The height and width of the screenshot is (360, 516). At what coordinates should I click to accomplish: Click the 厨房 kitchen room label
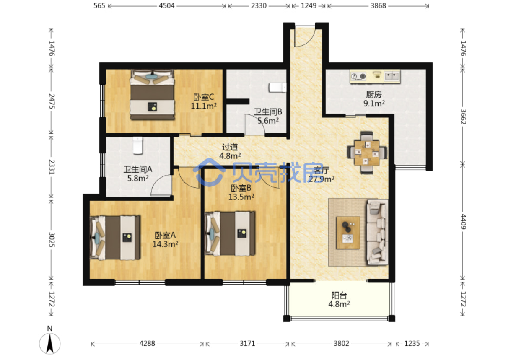point(373,94)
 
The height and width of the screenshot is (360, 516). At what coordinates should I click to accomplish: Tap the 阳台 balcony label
point(339,295)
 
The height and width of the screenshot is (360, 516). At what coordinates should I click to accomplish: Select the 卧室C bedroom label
point(204,97)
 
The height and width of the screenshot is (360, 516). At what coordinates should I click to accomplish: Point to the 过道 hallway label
point(230,147)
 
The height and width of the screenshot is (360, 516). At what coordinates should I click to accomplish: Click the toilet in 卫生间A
point(138,145)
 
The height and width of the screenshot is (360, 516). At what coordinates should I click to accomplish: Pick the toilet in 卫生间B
point(277,88)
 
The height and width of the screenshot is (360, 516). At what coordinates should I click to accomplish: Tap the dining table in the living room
point(367,153)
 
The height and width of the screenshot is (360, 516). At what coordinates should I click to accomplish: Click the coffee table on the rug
point(348,233)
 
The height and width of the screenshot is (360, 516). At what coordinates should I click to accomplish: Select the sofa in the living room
point(377,232)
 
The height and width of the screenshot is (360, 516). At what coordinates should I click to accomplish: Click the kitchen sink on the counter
point(392,76)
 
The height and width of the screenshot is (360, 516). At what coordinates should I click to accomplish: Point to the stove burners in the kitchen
point(358,76)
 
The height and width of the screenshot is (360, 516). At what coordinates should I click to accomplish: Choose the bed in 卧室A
point(115,238)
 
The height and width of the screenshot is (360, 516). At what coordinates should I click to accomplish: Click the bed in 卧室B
point(230,233)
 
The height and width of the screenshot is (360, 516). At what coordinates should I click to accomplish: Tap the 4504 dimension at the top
point(166,6)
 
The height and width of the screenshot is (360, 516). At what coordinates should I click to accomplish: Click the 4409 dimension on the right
point(463,222)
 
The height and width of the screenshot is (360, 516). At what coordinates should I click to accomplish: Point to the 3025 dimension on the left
point(52,240)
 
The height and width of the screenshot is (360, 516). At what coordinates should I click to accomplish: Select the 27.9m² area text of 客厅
point(322,179)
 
